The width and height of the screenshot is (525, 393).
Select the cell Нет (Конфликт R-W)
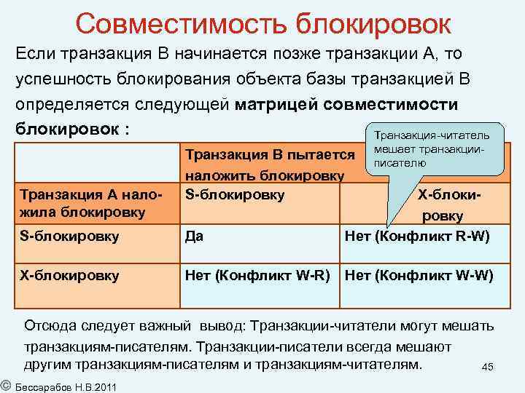(x=416, y=237)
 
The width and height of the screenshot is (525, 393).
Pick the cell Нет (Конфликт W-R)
(x=258, y=276)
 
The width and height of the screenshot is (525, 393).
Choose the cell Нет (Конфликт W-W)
(x=419, y=276)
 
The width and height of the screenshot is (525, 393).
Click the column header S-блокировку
(x=235, y=194)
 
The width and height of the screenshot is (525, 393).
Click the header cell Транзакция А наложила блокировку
(x=81, y=203)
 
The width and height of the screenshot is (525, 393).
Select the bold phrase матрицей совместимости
(x=346, y=104)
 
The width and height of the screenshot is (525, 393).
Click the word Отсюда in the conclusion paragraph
(x=51, y=325)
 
